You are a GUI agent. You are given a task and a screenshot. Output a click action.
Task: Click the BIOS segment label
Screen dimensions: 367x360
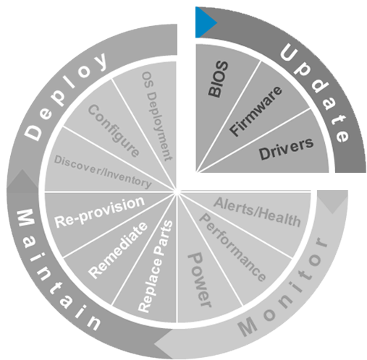click(218, 80)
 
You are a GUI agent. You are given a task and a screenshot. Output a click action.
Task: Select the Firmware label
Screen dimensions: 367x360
click(256, 111)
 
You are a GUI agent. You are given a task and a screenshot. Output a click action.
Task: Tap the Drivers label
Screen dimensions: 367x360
click(286, 150)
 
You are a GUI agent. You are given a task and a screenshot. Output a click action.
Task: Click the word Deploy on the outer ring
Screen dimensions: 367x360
click(64, 96)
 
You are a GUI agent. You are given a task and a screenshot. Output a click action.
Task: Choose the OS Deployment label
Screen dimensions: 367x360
click(157, 116)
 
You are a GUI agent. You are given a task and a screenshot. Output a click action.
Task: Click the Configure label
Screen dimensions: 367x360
click(114, 131)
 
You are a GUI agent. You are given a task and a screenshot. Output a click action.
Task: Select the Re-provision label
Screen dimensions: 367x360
click(99, 212)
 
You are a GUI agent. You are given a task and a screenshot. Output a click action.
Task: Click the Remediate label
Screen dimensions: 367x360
click(118, 250)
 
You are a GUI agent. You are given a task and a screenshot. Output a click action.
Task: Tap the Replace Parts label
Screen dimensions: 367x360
click(155, 267)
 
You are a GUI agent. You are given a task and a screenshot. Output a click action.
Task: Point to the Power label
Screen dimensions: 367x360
click(200, 280)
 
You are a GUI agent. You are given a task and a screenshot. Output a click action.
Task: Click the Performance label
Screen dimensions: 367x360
click(232, 247)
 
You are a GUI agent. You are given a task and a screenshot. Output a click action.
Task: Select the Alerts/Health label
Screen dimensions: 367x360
click(257, 212)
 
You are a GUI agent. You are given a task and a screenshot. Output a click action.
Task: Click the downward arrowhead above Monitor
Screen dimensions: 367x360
click(332, 202)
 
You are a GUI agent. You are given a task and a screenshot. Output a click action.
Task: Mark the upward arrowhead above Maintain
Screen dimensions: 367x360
click(22, 179)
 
